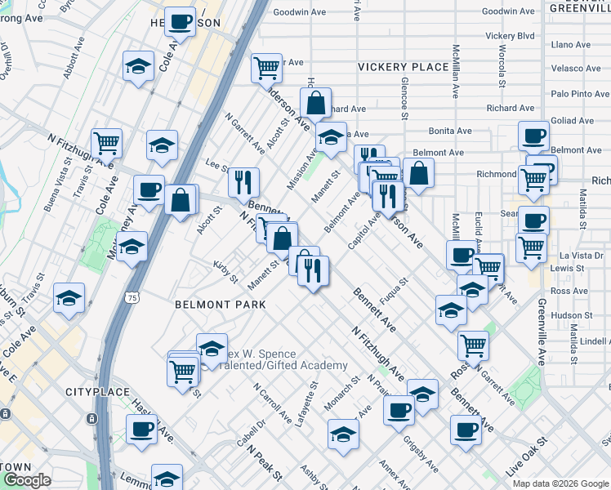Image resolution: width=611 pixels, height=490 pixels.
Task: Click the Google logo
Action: [26, 480]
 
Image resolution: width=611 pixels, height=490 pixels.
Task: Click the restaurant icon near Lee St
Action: [243, 181]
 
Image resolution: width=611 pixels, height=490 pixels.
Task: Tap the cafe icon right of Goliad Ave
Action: [534, 136]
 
